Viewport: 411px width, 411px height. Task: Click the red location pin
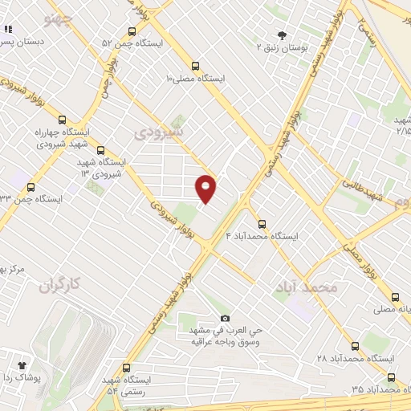[x=206, y=188]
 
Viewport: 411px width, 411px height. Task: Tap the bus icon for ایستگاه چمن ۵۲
[x=131, y=32]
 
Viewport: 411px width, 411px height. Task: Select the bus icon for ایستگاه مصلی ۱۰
[x=195, y=66]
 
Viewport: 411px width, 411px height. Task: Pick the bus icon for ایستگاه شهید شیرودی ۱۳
[x=100, y=149]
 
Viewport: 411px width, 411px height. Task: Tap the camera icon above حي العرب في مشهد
[x=224, y=318]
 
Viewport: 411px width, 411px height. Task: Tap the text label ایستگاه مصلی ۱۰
[x=195, y=79]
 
